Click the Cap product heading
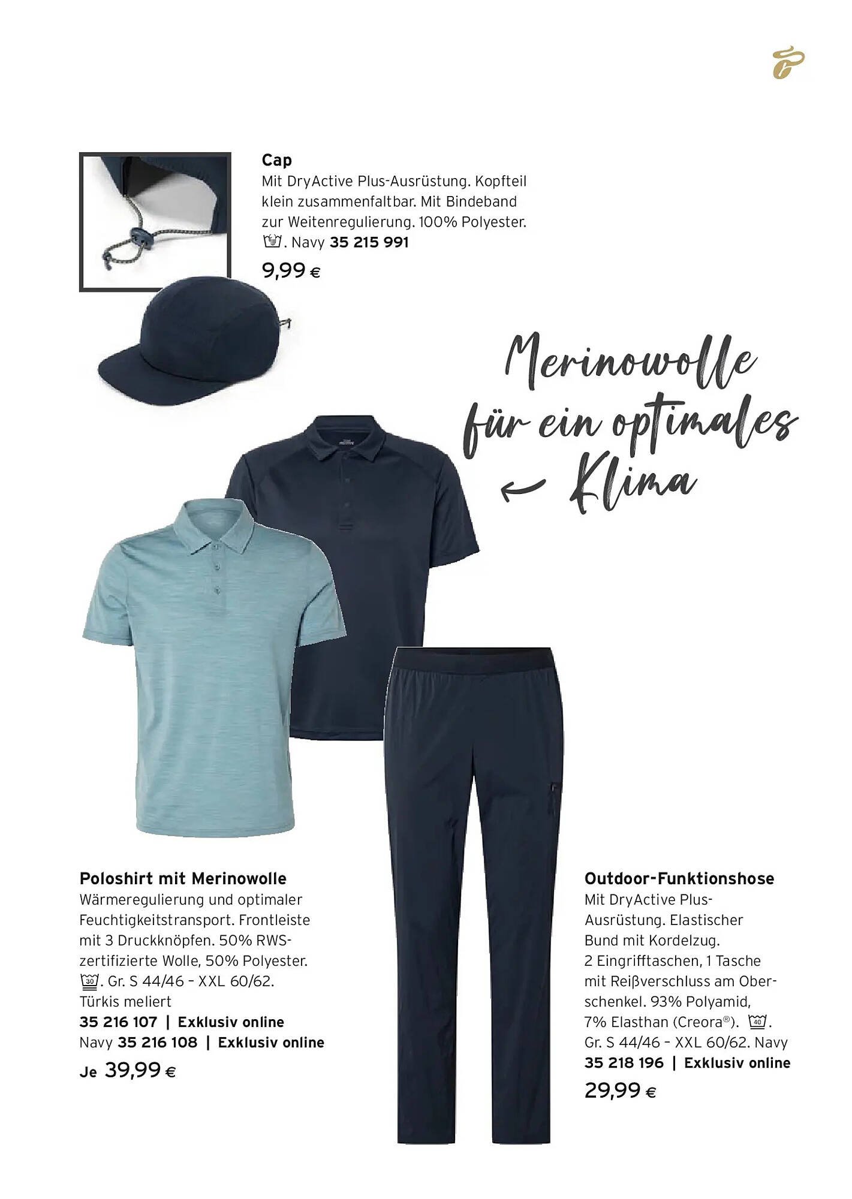coord(276,160)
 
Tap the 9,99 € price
coord(291,272)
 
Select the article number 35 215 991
coord(369,243)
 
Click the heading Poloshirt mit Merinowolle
coord(183,879)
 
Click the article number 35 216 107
coord(118,1022)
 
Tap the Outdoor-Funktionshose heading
coord(679,879)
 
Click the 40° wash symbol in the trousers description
coord(757,1021)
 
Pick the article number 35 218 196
coord(624,1063)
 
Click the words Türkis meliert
coord(125,1002)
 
